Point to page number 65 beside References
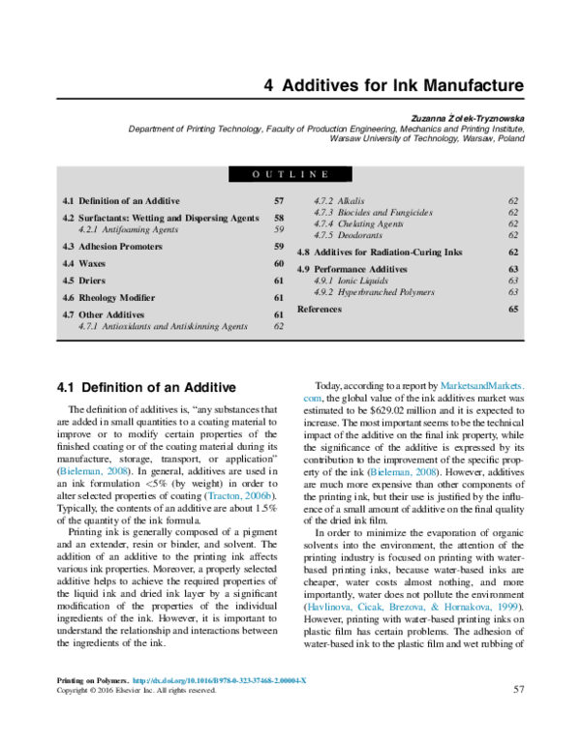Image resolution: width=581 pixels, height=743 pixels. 513,309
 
